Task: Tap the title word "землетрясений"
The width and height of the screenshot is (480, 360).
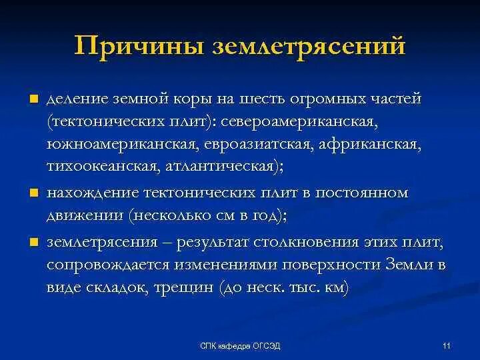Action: coord(309,47)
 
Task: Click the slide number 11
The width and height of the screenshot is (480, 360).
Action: coord(446,345)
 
